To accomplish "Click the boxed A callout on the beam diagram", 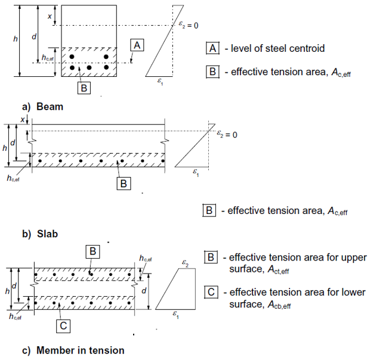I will (x=137, y=45).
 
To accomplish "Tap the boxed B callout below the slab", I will (x=124, y=184).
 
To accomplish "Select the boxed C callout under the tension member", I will (x=64, y=325).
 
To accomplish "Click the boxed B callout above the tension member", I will (x=93, y=252).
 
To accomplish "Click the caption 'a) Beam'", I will (x=42, y=107).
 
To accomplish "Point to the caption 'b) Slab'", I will (x=40, y=234).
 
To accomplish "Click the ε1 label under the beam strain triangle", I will (x=160, y=84).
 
